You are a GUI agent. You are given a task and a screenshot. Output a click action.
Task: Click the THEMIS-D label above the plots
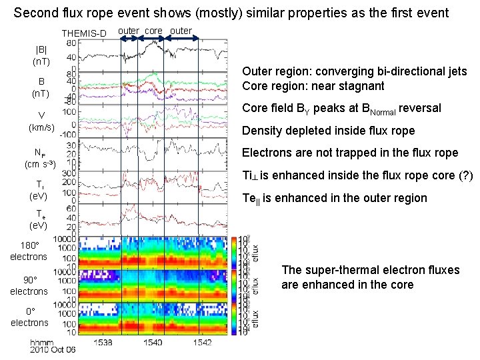point(83,34)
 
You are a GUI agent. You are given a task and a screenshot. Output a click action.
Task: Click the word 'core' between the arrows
point(153,31)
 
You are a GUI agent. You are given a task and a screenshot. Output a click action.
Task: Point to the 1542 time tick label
point(202,342)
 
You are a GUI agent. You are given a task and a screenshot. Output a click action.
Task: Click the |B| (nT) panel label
point(41,55)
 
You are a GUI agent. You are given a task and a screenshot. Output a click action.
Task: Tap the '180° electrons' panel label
point(29,251)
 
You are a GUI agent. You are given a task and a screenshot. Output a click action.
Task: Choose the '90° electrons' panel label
point(29,285)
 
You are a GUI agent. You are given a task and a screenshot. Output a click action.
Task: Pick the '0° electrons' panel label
point(29,317)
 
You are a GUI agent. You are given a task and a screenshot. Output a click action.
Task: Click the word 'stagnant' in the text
point(363,86)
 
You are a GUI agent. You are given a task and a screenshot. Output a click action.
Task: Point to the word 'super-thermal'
point(342,270)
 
